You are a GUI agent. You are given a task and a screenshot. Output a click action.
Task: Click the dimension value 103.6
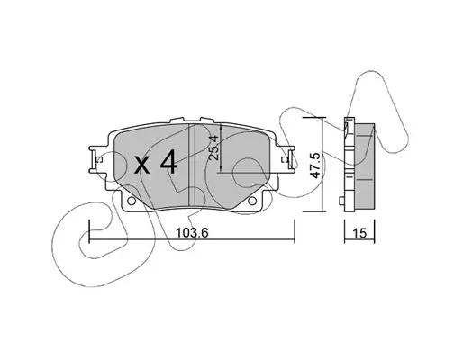[192, 232]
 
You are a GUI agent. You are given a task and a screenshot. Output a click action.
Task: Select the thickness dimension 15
[359, 233]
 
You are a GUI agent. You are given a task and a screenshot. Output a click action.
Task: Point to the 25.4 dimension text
[213, 148]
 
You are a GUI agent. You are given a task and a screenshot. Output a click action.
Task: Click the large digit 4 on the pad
[168, 162]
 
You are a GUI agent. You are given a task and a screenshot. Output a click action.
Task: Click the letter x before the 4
[141, 166]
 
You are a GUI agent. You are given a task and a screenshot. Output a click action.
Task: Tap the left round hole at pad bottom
[132, 201]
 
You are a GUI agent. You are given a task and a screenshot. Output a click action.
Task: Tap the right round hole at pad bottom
[252, 201]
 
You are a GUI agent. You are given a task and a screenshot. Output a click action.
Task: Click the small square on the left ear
[97, 160]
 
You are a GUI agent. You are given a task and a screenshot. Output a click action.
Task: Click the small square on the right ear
[284, 160]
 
